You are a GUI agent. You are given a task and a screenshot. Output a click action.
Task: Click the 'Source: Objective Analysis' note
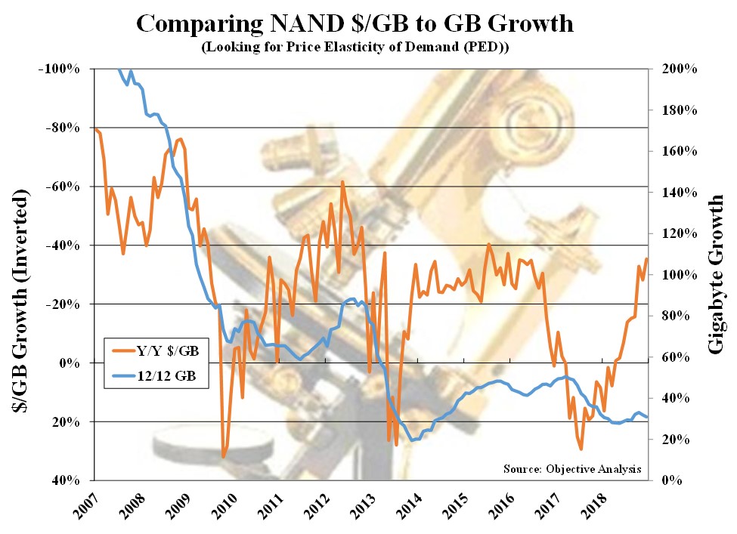point(572,469)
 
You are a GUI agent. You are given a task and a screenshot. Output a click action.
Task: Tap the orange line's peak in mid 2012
point(342,182)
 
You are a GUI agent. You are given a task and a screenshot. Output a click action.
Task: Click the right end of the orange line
point(647,259)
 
